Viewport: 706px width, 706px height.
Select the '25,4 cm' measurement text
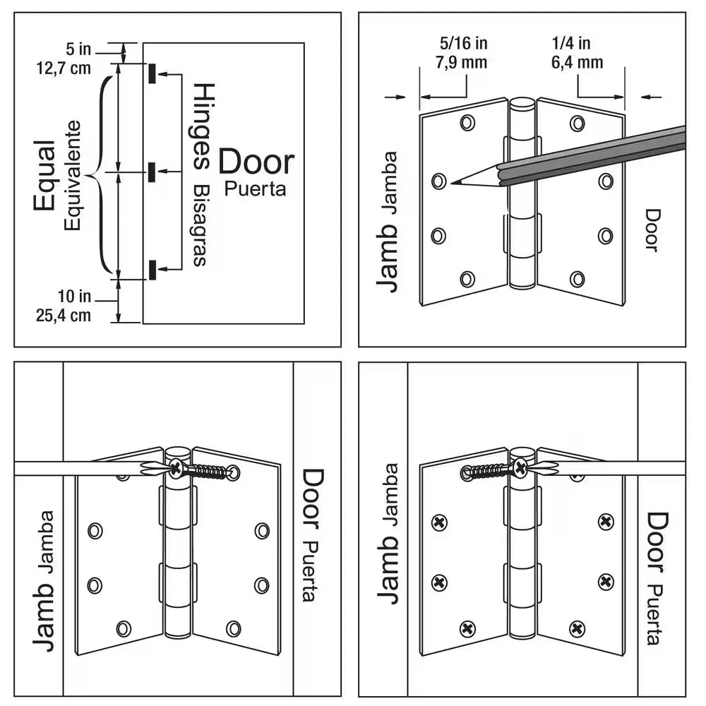pyautogui.click(x=64, y=315)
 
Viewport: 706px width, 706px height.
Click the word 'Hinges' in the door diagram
pyautogui.click(x=204, y=127)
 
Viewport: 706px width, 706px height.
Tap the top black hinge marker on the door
pyautogui.click(x=152, y=73)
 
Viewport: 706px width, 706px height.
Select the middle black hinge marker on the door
pyautogui.click(x=152, y=171)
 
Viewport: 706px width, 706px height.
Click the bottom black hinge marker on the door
pyautogui.click(x=152, y=269)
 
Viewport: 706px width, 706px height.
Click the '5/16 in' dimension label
pyautogui.click(x=463, y=44)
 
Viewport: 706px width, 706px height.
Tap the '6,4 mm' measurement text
pyautogui.click(x=578, y=63)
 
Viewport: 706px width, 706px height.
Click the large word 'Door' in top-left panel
pyautogui.click(x=256, y=162)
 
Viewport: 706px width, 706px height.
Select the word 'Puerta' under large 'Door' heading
pyautogui.click(x=256, y=189)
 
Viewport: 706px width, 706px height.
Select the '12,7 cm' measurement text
pyautogui.click(x=64, y=68)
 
